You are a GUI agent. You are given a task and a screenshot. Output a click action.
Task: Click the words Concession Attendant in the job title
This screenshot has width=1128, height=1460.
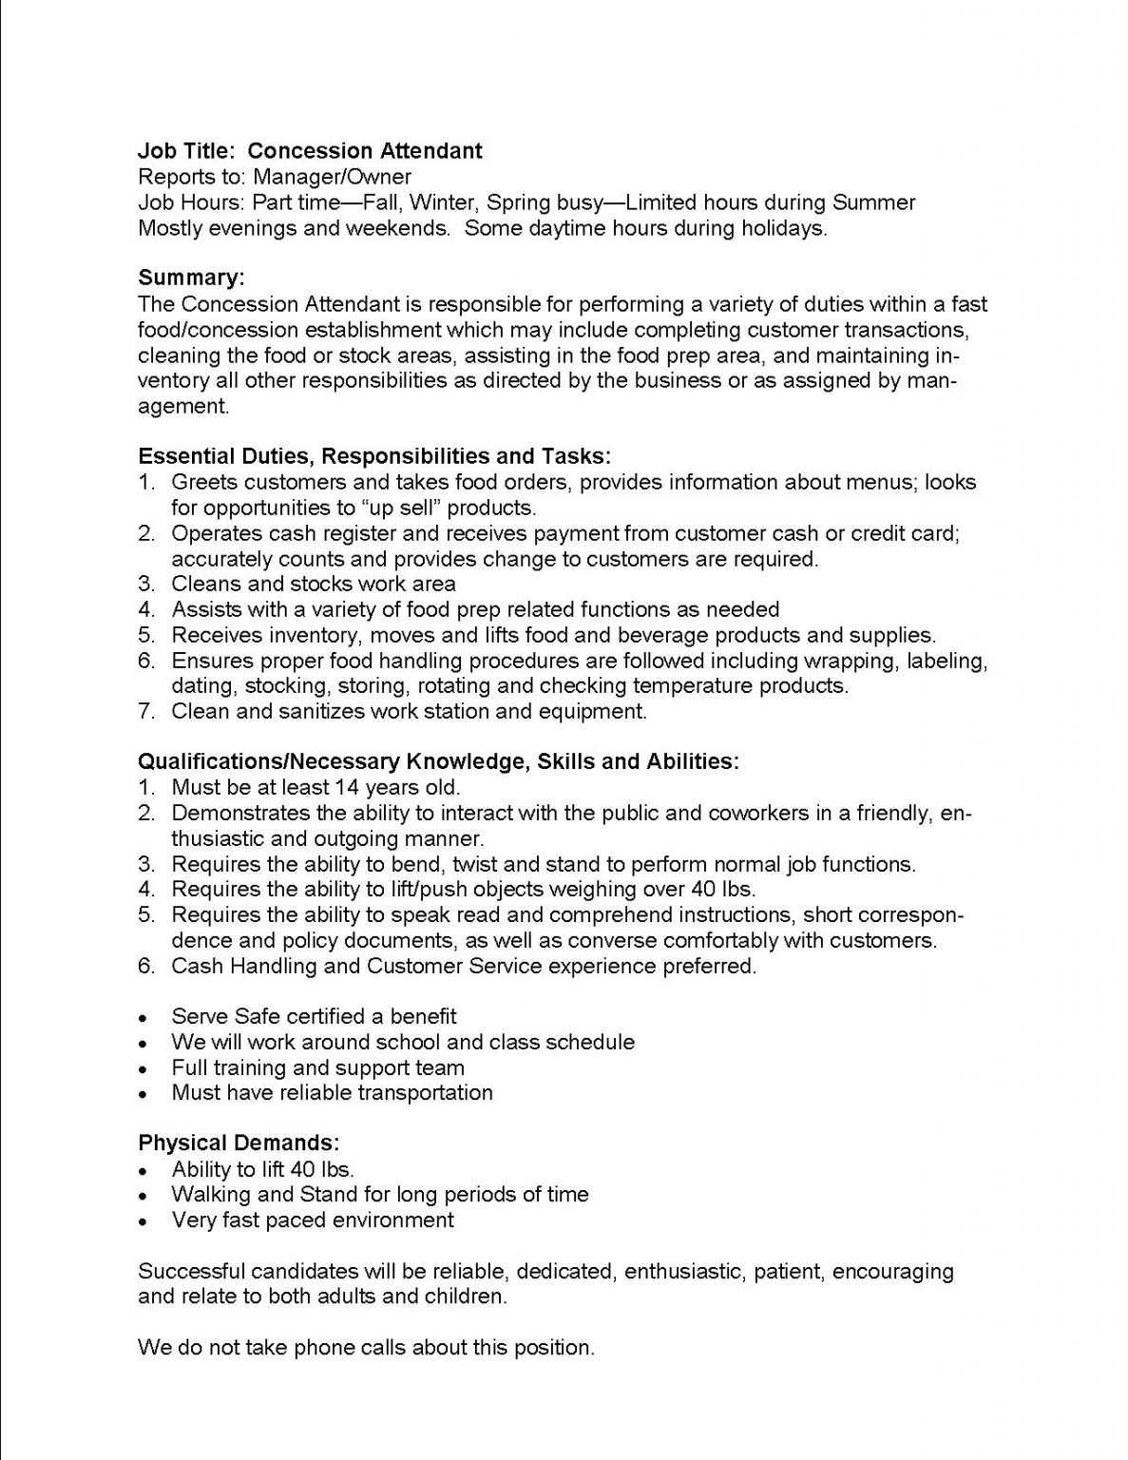[x=366, y=151]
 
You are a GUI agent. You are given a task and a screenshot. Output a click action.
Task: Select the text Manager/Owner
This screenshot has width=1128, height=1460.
[x=332, y=177]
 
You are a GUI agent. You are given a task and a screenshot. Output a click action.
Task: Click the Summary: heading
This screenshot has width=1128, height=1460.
[x=191, y=278]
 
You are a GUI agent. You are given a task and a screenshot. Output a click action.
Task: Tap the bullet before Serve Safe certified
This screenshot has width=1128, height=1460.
[x=143, y=1018]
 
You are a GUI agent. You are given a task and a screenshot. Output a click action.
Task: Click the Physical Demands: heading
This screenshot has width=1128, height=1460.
[x=239, y=1143]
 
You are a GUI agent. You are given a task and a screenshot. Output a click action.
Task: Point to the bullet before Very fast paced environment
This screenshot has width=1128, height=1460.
[x=143, y=1221]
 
